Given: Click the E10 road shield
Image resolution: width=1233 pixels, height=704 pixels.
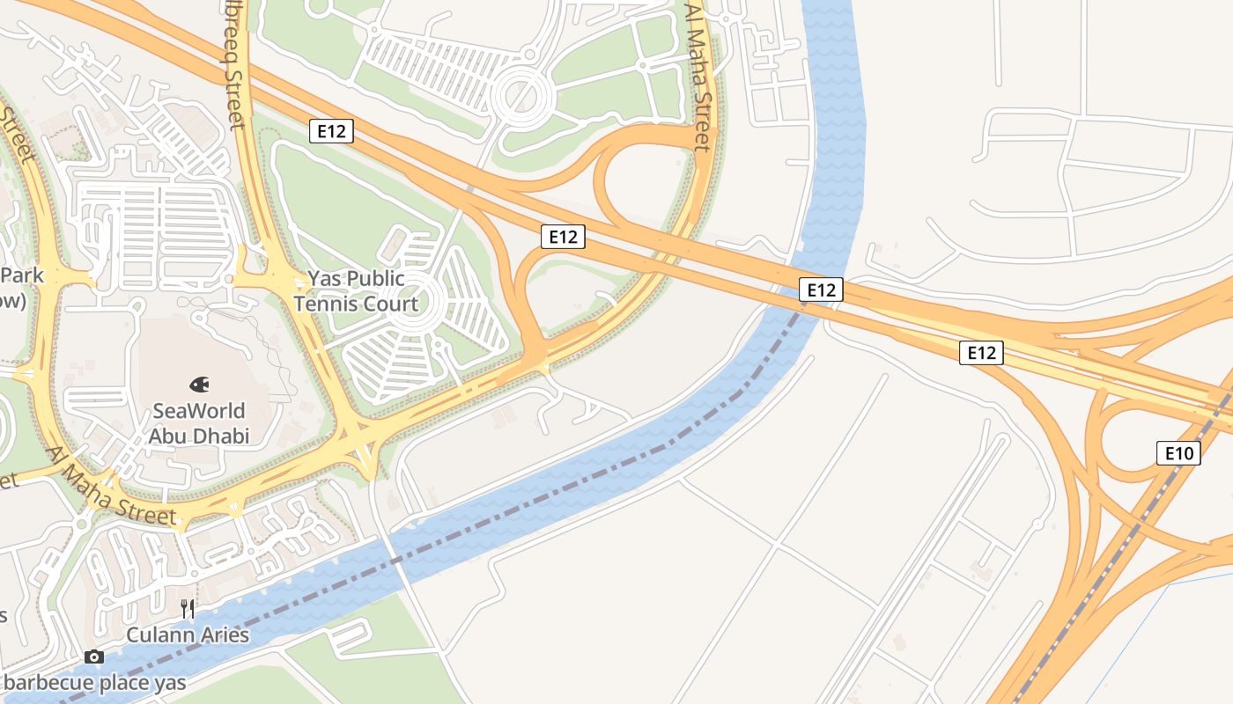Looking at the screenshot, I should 1178,454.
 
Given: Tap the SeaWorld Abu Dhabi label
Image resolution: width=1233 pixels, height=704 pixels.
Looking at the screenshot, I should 199,423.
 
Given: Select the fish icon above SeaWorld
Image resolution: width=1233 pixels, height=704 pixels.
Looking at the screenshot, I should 199,385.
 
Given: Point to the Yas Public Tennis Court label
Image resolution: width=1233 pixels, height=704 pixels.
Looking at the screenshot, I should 356,291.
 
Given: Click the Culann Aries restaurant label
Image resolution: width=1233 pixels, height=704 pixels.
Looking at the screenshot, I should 188,634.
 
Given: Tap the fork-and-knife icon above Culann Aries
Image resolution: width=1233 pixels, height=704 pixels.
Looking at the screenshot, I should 188,608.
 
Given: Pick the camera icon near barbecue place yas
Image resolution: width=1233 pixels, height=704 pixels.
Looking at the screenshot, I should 94,657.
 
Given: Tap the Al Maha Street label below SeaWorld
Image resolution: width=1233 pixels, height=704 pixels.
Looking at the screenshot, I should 111,487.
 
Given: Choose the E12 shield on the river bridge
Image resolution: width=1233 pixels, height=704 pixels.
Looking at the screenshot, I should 821,290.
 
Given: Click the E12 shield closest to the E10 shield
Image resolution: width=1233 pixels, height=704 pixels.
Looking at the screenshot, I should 981,353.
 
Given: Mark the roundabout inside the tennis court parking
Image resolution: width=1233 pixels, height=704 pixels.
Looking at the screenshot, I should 411,304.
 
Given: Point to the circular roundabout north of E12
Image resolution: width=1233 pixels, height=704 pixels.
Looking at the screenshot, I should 520,95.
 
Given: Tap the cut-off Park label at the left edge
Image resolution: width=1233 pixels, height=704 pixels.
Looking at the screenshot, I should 22,275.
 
